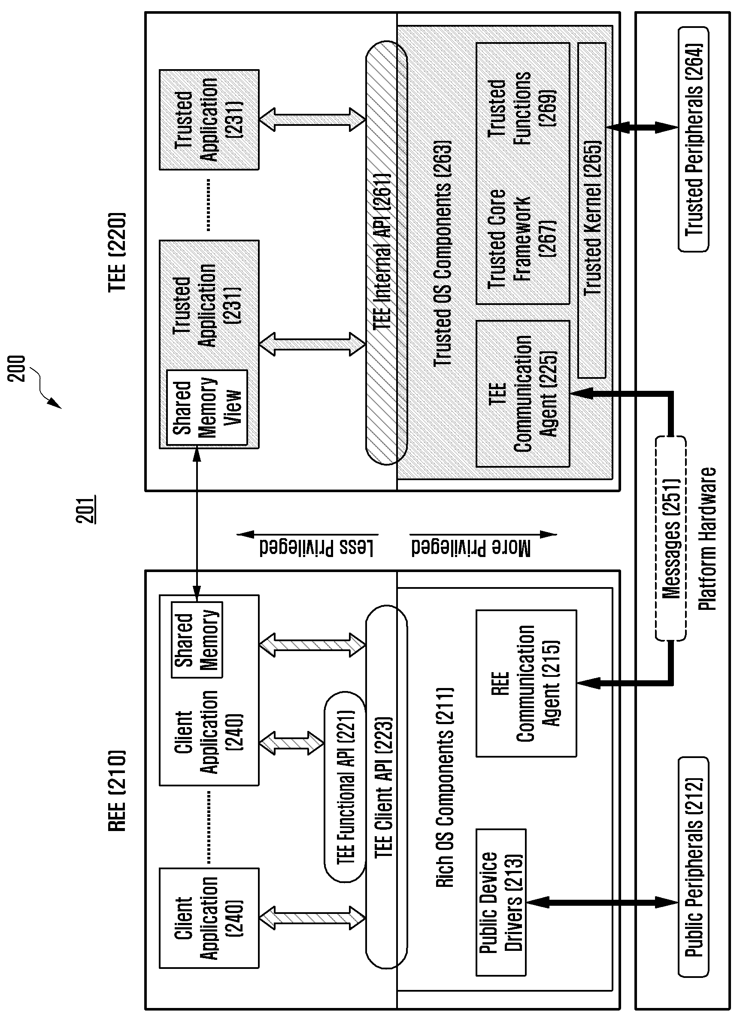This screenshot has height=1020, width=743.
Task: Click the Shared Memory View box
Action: [x=207, y=408]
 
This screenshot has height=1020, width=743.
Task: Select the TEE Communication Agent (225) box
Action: [x=523, y=394]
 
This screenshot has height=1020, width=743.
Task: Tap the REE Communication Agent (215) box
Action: [x=526, y=683]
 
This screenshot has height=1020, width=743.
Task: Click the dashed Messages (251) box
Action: [x=670, y=538]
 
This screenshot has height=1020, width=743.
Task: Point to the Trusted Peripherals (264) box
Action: [x=693, y=139]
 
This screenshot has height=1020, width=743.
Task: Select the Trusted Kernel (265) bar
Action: [x=592, y=210]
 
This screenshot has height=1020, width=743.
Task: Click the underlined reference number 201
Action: [x=85, y=509]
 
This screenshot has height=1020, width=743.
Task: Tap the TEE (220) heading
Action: [x=117, y=252]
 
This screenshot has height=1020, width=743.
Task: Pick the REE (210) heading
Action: [x=117, y=791]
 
